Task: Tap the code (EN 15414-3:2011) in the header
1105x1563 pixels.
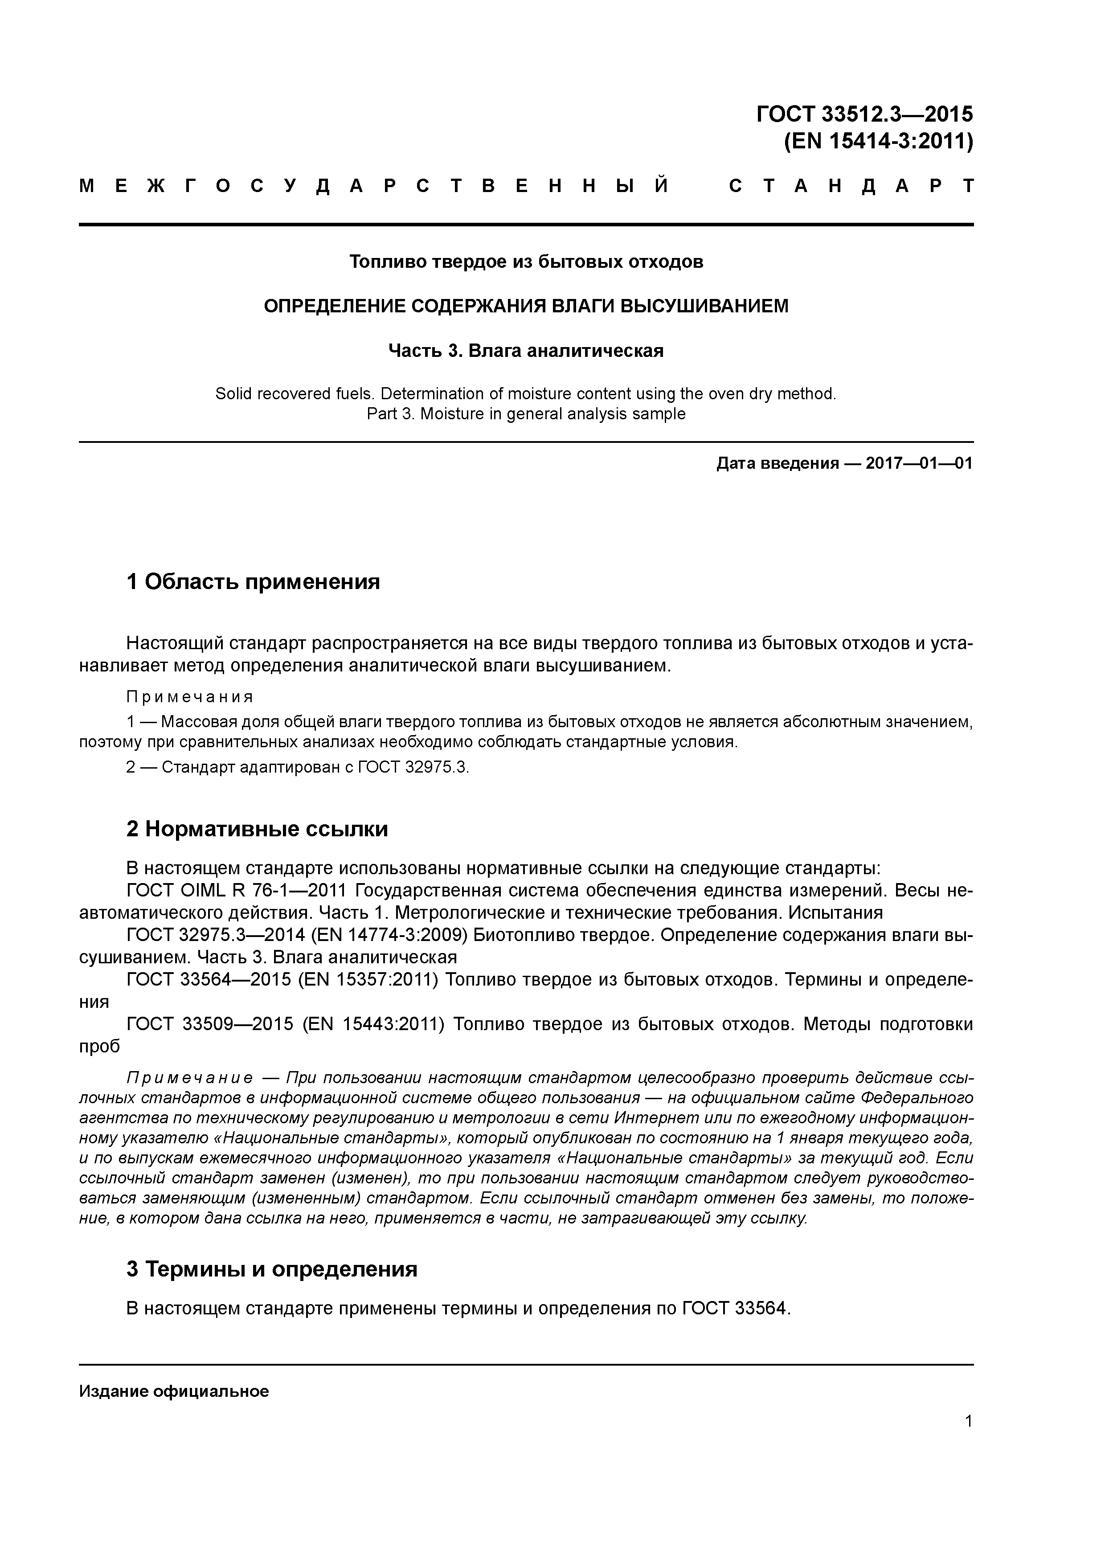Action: pos(878,142)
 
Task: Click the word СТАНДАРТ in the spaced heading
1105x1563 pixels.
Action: pos(851,186)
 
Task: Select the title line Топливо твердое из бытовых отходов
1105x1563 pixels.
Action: pos(526,262)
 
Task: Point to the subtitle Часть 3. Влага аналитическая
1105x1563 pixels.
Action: pos(526,351)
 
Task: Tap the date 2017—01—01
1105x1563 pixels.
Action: pos(919,463)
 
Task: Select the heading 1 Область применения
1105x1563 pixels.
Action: pos(253,582)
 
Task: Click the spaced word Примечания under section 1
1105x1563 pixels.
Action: pos(190,697)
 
